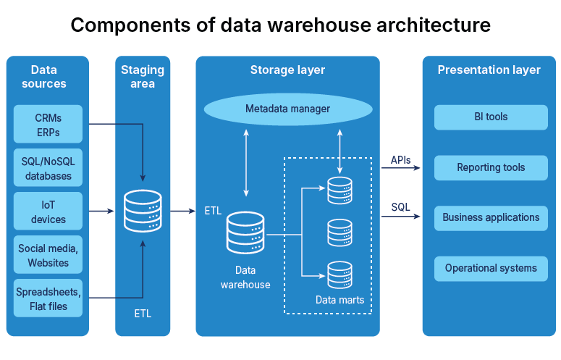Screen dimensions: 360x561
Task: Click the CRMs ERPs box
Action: pos(48,124)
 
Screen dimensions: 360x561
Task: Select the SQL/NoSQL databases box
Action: pos(48,168)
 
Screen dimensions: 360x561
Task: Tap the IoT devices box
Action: pos(48,212)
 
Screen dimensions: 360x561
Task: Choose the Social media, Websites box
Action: pos(48,255)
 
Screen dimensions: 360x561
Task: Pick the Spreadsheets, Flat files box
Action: pos(48,298)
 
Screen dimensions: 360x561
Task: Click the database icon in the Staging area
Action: pos(143,211)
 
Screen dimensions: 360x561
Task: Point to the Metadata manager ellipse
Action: pos(287,109)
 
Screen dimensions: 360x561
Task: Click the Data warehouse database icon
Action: pos(245,233)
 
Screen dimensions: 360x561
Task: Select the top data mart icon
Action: pos(339,191)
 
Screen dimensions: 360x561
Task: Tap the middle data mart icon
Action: pos(339,233)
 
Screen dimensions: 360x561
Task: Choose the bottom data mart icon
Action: pos(339,275)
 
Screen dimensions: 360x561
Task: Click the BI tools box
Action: pos(491,117)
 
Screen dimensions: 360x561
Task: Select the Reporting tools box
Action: pos(491,167)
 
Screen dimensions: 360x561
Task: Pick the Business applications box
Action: pos(491,217)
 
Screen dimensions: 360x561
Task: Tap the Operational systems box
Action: pos(491,268)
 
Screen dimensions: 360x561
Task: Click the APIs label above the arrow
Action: pos(401,159)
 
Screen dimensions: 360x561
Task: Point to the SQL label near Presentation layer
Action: pos(400,207)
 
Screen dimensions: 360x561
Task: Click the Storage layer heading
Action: pos(287,70)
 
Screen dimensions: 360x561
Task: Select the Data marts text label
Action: pos(339,299)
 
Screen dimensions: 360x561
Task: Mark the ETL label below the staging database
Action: pos(143,314)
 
